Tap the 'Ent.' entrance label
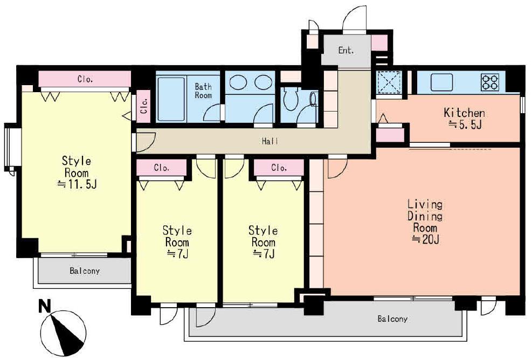coord(346,51)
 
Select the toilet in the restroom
coord(291,99)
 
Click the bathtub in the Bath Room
coord(171,99)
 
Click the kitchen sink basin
coord(442,82)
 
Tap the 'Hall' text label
coord(270,141)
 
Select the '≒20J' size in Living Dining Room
coord(426,239)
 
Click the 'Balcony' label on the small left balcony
coord(85,271)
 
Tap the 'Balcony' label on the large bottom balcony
coord(392,319)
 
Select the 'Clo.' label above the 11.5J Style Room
coord(85,80)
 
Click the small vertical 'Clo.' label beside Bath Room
coord(143,104)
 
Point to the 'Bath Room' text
coord(203,91)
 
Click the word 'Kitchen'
coord(464,113)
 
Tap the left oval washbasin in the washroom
coord(238,82)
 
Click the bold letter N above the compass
coord(45,306)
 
